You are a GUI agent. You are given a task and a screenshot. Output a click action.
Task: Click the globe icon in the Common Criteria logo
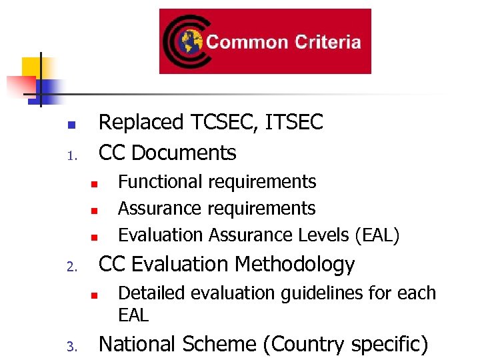[189, 42]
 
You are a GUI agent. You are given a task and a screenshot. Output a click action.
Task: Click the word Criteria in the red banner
[326, 42]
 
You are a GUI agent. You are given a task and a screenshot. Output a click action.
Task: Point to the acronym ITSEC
[294, 123]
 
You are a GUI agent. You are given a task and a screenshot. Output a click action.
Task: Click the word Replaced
[141, 123]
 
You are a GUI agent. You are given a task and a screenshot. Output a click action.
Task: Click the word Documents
[184, 153]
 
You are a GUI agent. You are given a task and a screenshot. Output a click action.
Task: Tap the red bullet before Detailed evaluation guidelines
[95, 295]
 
